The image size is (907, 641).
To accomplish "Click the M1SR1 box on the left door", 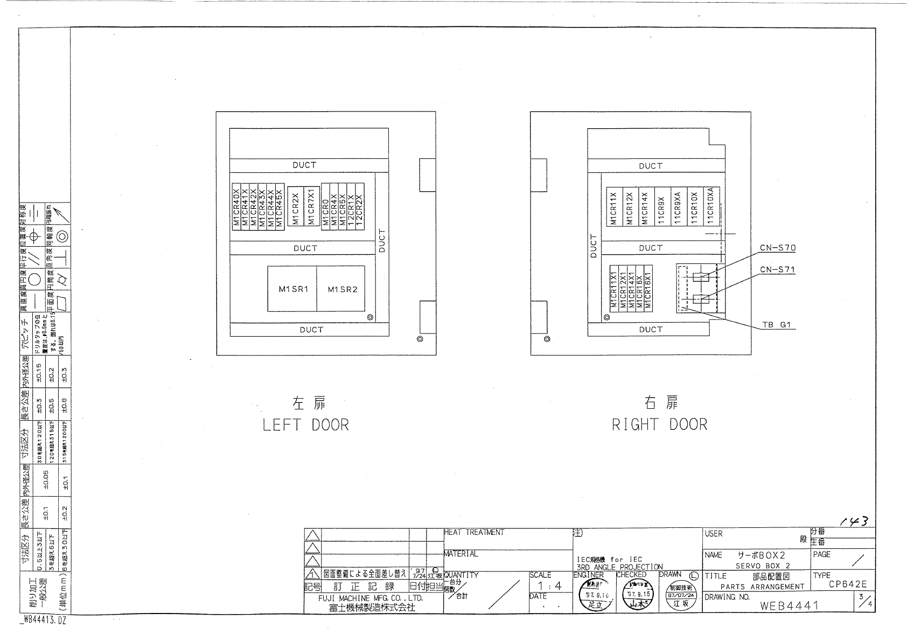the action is point(292,289).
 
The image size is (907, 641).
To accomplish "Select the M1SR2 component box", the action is point(342,289).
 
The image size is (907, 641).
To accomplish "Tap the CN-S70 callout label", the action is point(777,248).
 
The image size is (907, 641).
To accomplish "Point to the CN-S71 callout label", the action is point(777,270).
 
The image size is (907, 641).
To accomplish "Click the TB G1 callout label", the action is point(776,325).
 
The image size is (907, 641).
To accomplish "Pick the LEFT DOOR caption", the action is point(305,425).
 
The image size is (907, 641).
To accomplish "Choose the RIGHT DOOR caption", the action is point(659,425).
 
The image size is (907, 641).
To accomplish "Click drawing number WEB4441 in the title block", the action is point(789,605).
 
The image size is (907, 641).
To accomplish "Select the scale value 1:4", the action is point(549,586).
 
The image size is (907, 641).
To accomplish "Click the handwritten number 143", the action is point(854,521).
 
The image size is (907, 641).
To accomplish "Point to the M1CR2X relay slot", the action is point(295,208).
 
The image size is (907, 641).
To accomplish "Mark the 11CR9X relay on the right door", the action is point(660,208).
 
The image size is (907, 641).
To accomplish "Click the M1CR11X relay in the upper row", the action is point(612,208).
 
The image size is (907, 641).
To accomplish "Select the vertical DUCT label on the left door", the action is point(382,241).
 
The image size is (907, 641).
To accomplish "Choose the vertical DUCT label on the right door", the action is point(594,246).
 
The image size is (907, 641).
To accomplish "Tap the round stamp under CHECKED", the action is point(637,597).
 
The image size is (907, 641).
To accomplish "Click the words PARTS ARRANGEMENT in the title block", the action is point(762,587).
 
